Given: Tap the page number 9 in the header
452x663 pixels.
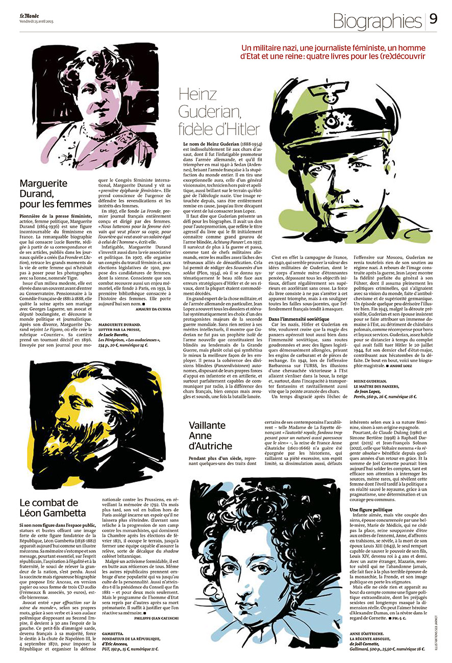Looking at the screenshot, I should tap(433, 19).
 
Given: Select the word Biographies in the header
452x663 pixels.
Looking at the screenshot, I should tap(378, 20).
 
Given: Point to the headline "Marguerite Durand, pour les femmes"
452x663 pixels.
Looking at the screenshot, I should tap(55, 193).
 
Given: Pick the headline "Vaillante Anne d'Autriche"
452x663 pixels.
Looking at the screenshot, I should tap(210, 436).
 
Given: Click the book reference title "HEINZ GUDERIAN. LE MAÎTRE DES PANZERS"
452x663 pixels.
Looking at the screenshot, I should tap(378, 384).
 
